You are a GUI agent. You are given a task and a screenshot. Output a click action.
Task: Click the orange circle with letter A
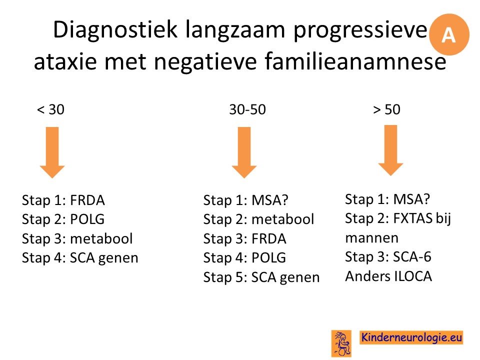point(449,34)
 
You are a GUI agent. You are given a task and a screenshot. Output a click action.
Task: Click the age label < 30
point(50,109)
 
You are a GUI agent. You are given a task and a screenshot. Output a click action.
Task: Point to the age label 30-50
point(247,109)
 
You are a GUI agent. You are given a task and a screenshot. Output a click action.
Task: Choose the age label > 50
point(386,109)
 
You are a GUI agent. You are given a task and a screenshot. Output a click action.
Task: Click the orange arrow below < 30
point(52,152)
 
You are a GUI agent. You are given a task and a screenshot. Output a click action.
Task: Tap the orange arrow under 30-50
point(244,152)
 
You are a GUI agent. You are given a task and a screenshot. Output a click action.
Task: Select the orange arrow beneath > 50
point(390,150)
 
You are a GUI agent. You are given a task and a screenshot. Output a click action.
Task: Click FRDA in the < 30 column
point(87,200)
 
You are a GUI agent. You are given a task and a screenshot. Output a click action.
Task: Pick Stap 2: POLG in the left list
point(63,219)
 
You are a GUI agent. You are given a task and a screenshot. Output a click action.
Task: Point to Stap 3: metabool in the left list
point(77,238)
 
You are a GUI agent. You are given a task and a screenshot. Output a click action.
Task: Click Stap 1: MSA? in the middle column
point(246,200)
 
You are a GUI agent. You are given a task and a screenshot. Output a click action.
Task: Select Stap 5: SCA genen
point(261,277)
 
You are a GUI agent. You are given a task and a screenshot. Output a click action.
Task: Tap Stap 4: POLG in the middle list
point(244,258)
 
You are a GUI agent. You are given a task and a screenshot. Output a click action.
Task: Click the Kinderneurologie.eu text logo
point(411,337)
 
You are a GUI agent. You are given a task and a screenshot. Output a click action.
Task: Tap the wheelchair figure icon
point(341,343)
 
